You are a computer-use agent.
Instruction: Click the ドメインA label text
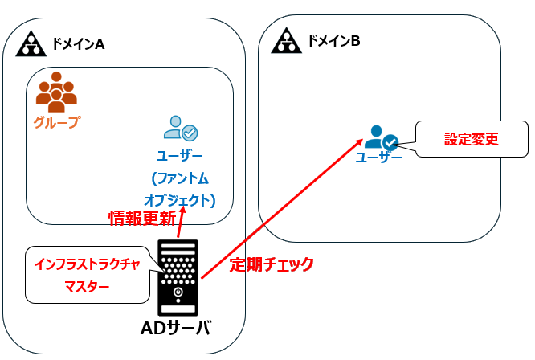tap(78, 43)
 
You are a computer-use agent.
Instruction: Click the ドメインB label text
tap(333, 39)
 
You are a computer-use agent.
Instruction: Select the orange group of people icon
tap(56, 92)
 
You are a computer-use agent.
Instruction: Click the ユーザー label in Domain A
tap(180, 155)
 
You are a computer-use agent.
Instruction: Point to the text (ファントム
tap(180, 178)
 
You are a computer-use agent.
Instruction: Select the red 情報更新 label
tap(141, 218)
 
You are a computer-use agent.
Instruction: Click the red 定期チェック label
tap(272, 264)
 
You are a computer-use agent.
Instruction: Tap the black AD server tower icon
tap(178, 277)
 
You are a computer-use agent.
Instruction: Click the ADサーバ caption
tap(175, 328)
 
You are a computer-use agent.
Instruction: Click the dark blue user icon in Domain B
tap(381, 137)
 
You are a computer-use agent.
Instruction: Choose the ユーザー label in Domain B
tap(378, 157)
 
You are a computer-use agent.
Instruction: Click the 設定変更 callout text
tap(472, 138)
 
